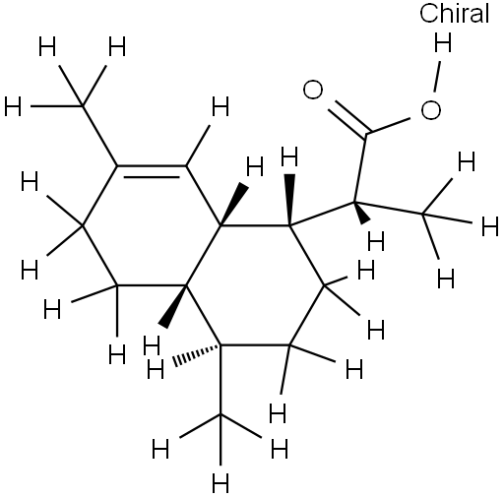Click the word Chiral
(x=454, y=14)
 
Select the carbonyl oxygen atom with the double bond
(x=313, y=90)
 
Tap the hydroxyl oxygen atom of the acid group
(x=430, y=110)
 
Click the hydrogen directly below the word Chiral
(x=443, y=42)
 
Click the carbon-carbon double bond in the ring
(x=152, y=171)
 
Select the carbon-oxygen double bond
(x=348, y=118)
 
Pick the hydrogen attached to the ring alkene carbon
(x=220, y=106)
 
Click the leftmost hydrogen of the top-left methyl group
(x=13, y=106)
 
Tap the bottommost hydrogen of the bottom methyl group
(x=220, y=482)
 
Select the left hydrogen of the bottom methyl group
(x=160, y=449)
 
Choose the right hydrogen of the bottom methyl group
(x=280, y=449)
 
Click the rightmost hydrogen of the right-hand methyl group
(x=490, y=226)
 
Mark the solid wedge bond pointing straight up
(x=289, y=200)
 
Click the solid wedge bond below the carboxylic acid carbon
(x=362, y=213)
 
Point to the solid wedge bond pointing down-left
(x=172, y=306)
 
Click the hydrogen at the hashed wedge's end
(x=155, y=369)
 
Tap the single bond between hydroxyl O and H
(x=437, y=76)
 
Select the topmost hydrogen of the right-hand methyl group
(x=467, y=161)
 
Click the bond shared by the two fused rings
(x=204, y=256)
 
